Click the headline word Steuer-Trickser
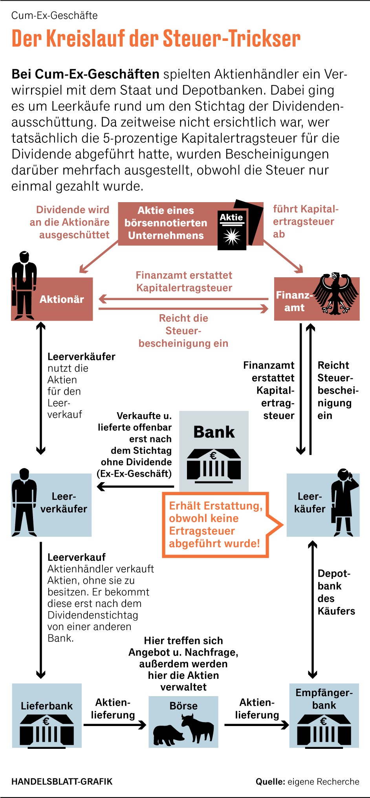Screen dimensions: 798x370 click(232, 39)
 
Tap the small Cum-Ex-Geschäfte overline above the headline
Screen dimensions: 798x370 click(55, 15)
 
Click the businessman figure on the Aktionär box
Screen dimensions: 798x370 click(24, 285)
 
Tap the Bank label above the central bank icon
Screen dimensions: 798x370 click(214, 432)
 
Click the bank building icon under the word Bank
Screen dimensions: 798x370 click(214, 466)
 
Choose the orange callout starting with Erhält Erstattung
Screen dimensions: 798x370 click(215, 525)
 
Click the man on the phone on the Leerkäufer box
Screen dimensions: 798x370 click(344, 501)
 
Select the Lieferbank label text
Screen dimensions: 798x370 click(47, 706)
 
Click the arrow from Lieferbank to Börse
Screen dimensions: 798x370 click(114, 724)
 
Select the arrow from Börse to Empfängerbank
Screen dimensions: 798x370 click(256, 724)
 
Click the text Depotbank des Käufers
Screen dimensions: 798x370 click(336, 592)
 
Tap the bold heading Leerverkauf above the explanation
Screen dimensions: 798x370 click(77, 557)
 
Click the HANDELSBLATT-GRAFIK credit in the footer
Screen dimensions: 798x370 click(62, 781)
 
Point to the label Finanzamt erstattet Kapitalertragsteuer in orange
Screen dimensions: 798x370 click(184, 282)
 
